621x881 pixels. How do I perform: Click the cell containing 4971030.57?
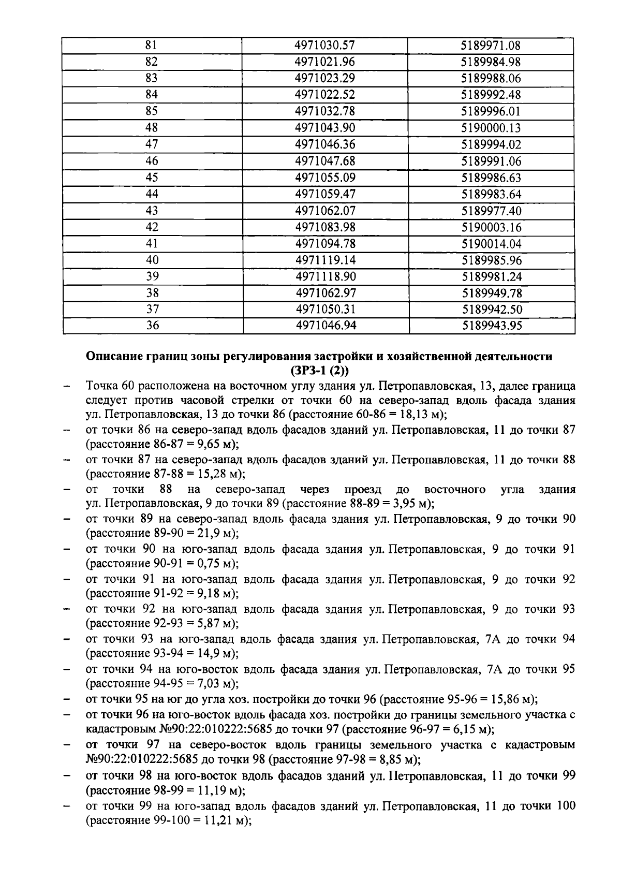[x=324, y=45]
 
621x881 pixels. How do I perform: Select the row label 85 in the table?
[x=152, y=111]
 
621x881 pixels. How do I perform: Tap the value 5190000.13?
[x=491, y=128]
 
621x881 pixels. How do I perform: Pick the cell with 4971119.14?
[x=326, y=260]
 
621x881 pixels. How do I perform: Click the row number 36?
[x=152, y=326]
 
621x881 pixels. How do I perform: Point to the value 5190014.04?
[x=491, y=243]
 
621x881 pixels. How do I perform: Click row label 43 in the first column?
[x=152, y=211]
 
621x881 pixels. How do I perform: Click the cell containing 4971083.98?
[x=326, y=227]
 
